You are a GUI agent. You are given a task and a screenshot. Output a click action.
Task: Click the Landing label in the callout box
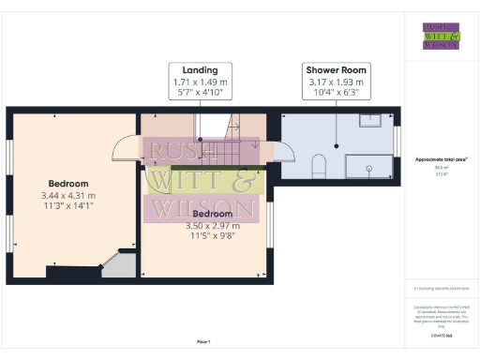pyautogui.click(x=201, y=70)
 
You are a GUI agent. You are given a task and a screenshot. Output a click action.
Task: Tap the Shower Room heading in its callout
pyautogui.click(x=336, y=70)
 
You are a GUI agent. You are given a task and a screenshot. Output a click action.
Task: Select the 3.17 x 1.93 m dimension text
pyautogui.click(x=336, y=82)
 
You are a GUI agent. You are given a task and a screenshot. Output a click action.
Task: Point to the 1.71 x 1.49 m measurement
pyautogui.click(x=201, y=82)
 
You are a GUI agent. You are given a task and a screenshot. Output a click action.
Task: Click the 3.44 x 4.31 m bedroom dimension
pyautogui.click(x=69, y=194)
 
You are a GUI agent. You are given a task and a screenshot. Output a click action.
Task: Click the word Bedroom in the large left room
pyautogui.click(x=69, y=183)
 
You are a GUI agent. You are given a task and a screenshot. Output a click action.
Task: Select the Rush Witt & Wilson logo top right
pyautogui.click(x=441, y=35)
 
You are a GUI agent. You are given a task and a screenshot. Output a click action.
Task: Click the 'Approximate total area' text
pyautogui.click(x=441, y=159)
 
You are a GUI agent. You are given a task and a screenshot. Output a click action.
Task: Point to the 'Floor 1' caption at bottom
pyautogui.click(x=203, y=341)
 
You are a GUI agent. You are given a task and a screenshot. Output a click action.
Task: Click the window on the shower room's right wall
pyautogui.click(x=398, y=142)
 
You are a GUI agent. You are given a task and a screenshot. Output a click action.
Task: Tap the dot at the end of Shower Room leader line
pyautogui.click(x=336, y=146)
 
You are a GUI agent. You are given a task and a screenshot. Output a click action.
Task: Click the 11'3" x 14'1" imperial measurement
pyautogui.click(x=69, y=205)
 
